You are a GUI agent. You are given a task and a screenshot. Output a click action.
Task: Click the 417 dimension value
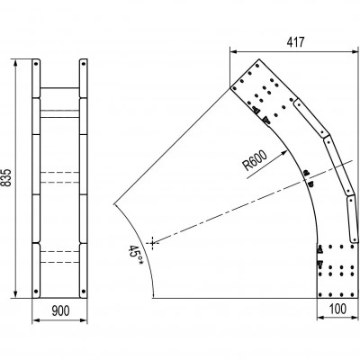pos(295,42)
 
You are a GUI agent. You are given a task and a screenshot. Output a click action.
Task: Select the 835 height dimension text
pos(7,178)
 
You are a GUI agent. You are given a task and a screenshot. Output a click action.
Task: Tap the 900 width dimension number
pos(60,310)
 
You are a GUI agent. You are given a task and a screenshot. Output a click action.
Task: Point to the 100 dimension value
pos(338,309)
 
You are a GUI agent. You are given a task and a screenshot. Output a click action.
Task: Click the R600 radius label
pos(255,160)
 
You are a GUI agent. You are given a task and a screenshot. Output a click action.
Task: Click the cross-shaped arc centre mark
pos(153,243)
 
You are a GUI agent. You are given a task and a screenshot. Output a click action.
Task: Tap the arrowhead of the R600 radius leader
pos(284,153)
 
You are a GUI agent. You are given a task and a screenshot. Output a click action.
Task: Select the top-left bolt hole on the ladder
pos(36,64)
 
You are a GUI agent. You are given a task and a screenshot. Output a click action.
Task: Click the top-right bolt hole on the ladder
pos(84,64)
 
